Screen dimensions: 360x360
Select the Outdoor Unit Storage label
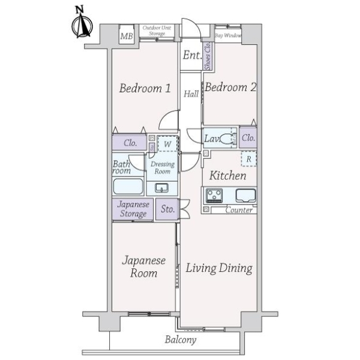[157, 31]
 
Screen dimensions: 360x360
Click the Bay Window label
[228, 35]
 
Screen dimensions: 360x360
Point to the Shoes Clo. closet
[208, 56]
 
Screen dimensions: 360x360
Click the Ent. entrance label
[192, 55]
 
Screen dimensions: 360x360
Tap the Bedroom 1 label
[145, 88]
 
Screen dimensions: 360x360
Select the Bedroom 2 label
[230, 88]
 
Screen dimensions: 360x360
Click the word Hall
[191, 94]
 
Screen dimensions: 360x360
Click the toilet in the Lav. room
[228, 139]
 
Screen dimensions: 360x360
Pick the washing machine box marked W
[167, 143]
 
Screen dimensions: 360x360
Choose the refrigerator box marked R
[249, 159]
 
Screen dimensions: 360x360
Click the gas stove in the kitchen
[214, 196]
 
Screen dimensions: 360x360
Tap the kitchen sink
[245, 196]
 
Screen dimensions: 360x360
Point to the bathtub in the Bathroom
[128, 186]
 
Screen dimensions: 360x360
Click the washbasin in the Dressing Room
[161, 188]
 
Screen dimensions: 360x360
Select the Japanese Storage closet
[133, 209]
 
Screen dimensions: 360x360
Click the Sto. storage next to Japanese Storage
[167, 209]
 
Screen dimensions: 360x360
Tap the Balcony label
[181, 340]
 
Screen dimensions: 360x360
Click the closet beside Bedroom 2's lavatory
[248, 138]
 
